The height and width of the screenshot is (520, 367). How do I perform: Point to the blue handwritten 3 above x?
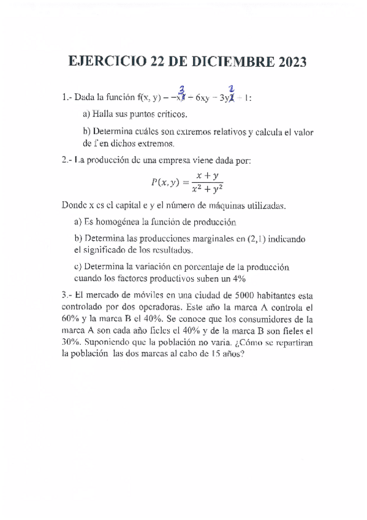point(182,90)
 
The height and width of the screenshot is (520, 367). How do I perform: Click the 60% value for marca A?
point(72,319)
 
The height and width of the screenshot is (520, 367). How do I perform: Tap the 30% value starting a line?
point(72,342)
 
